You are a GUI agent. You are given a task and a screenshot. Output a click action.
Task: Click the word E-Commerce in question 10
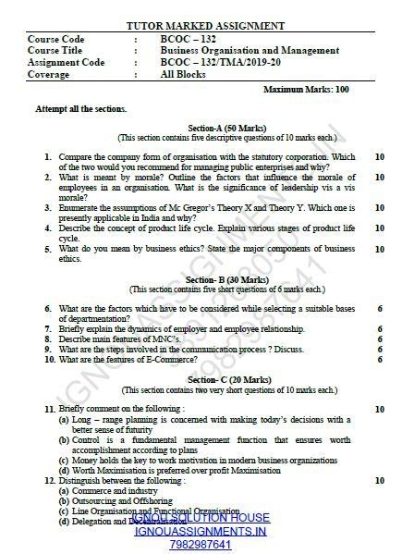point(150,359)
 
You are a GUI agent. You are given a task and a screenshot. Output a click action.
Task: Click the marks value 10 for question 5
point(380,249)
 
